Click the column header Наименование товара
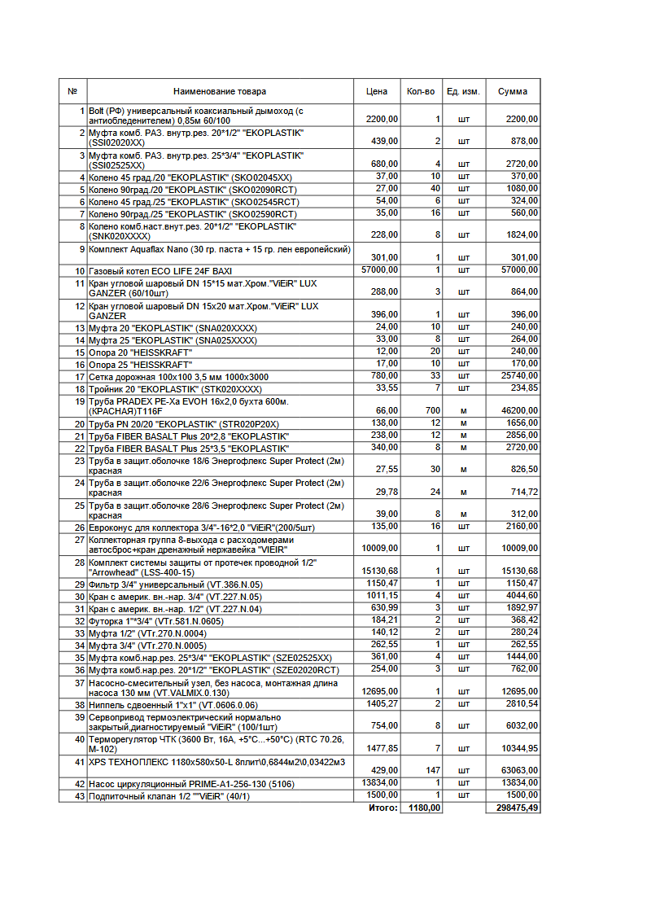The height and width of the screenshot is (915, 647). (x=220, y=92)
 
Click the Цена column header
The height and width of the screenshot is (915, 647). (x=377, y=92)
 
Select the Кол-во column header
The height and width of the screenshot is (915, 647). (x=420, y=92)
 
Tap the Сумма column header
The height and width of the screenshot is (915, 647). (x=513, y=92)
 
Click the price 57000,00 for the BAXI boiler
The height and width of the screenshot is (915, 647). (x=380, y=270)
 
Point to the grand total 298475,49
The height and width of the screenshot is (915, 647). (x=516, y=808)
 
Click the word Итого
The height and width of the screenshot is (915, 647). (x=383, y=808)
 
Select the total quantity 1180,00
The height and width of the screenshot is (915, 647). (x=425, y=808)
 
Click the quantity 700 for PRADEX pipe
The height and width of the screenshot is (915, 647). (x=433, y=411)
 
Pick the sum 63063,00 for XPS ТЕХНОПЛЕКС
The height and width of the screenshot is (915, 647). (x=518, y=770)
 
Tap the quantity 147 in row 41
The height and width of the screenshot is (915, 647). (x=433, y=770)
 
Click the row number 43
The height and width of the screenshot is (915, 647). (x=80, y=795)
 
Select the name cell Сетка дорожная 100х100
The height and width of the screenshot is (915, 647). (x=178, y=377)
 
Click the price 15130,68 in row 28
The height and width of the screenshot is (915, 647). (x=380, y=571)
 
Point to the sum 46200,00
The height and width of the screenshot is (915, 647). (x=518, y=411)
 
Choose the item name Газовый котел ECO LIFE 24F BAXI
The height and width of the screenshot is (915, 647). (x=155, y=270)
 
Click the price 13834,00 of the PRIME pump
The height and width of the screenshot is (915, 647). (x=380, y=783)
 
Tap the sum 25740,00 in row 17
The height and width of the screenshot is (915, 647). (x=518, y=377)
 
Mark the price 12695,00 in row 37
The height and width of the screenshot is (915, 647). (x=380, y=692)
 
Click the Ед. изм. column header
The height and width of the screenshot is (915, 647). (x=463, y=92)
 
